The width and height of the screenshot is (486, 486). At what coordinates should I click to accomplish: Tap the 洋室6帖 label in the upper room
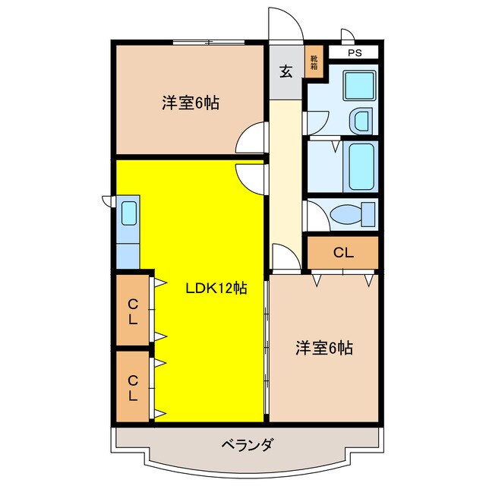tap(190, 103)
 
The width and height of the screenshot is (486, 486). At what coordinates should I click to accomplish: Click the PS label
tap(355, 53)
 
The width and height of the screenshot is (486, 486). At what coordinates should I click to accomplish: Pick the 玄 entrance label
tap(286, 72)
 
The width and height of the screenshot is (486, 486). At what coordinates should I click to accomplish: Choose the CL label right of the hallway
tap(342, 253)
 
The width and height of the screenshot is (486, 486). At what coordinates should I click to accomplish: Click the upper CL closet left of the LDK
tap(133, 311)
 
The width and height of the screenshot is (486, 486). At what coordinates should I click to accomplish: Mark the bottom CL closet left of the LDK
tap(133, 387)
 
